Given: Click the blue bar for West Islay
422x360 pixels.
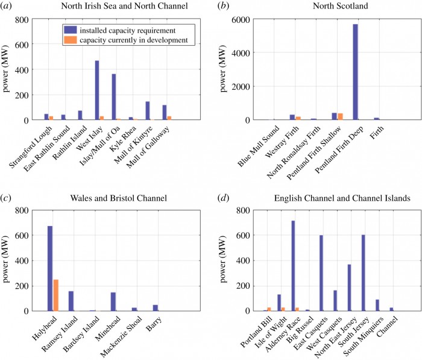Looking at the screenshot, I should point(96,90).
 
